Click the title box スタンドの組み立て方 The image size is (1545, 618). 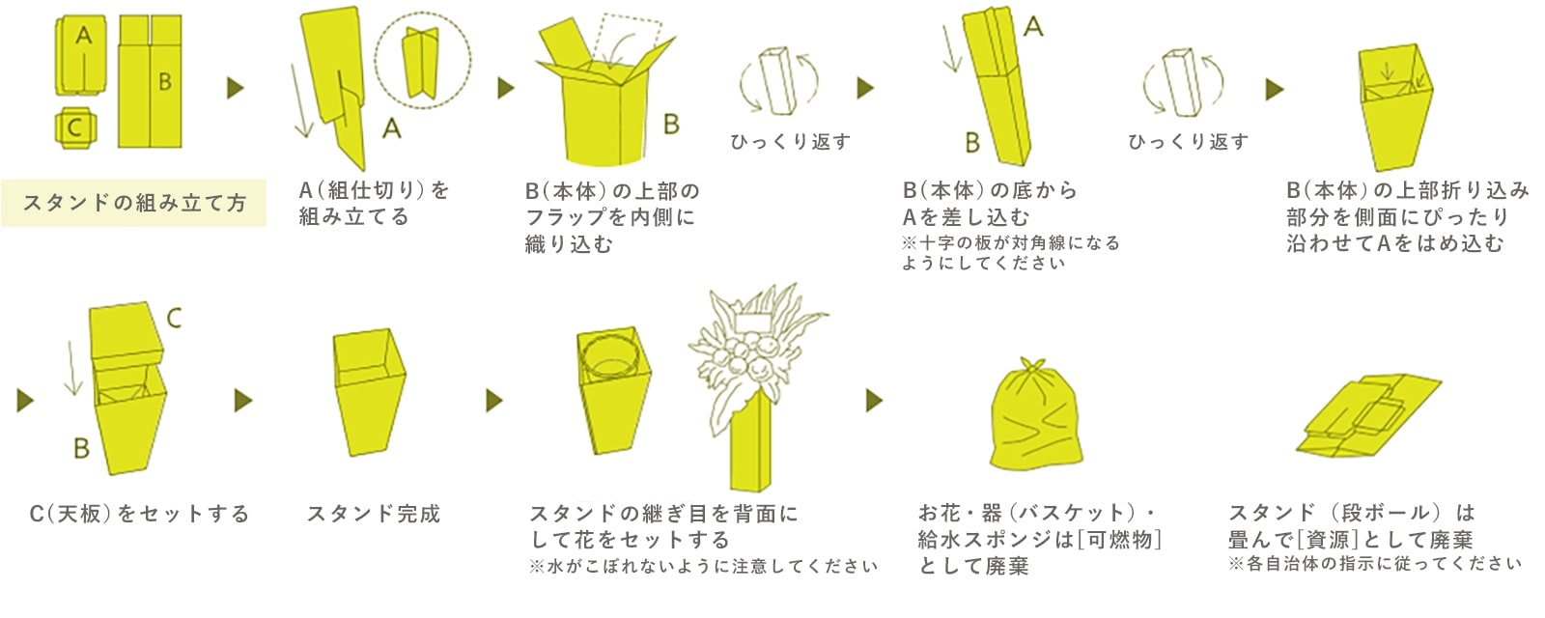[x=133, y=203]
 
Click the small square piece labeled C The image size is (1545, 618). [x=74, y=128]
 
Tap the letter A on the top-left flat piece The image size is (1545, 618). [x=84, y=37]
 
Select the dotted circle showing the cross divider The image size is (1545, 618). [x=423, y=60]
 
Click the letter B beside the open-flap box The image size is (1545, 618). [x=671, y=124]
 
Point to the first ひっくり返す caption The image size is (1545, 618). [x=790, y=142]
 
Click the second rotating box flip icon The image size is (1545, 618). [x=1182, y=82]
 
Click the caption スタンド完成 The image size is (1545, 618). [x=374, y=514]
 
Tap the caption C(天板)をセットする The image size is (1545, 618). [x=139, y=514]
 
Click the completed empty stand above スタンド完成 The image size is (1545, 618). [x=370, y=391]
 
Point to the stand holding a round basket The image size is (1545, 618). [x=614, y=391]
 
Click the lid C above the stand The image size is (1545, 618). [x=124, y=331]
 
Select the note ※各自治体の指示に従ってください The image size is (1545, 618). [x=1375, y=564]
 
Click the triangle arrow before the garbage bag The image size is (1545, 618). [x=874, y=400]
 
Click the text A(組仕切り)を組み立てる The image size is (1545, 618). [x=374, y=203]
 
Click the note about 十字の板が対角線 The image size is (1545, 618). [x=1010, y=252]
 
